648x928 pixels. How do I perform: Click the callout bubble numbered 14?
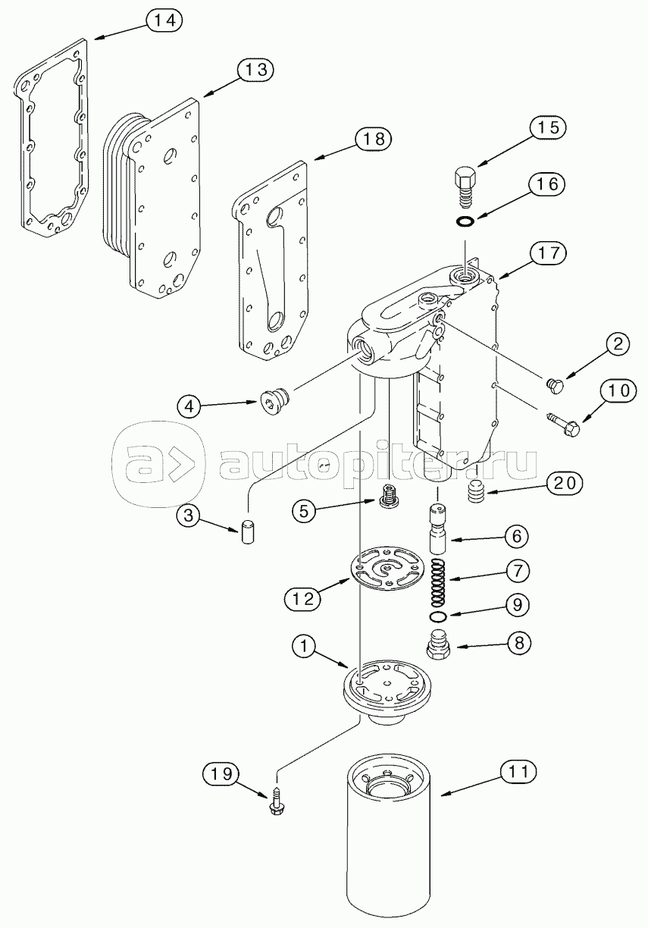point(164,20)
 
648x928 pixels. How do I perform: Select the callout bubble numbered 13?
point(256,69)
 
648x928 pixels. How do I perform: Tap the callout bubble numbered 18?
point(373,139)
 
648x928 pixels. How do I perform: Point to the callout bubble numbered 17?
point(548,252)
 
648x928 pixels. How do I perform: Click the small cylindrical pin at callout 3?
point(247,532)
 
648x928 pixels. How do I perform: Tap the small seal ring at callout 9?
point(439,617)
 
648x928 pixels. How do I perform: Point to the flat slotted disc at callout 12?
point(387,568)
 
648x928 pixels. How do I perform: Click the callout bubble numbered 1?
point(304,646)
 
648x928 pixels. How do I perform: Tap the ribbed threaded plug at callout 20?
point(477,491)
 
